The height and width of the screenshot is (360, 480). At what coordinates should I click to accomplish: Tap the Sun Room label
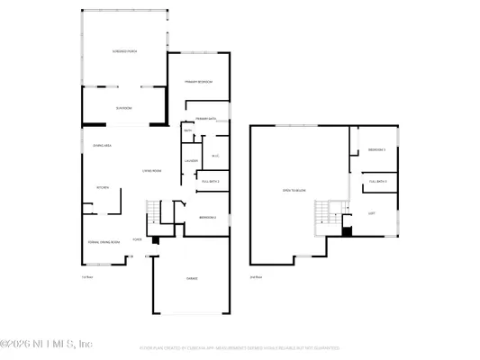(123, 109)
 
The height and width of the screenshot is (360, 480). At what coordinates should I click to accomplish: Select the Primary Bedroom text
(197, 82)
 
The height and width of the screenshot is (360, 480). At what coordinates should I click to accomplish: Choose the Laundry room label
(191, 161)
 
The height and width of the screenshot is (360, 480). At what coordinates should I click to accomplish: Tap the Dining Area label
(102, 146)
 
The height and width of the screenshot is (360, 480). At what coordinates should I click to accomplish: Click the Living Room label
(150, 170)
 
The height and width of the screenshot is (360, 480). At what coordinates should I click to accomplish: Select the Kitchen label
(103, 187)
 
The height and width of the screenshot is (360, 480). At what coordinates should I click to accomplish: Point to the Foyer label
(137, 239)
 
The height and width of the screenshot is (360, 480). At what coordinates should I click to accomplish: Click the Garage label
(193, 279)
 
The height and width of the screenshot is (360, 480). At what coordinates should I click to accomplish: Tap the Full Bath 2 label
(212, 181)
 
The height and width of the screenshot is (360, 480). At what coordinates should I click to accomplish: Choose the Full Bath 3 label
(377, 182)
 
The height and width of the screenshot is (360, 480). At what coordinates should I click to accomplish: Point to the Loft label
(371, 212)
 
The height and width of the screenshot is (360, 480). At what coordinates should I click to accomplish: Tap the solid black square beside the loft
(348, 231)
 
